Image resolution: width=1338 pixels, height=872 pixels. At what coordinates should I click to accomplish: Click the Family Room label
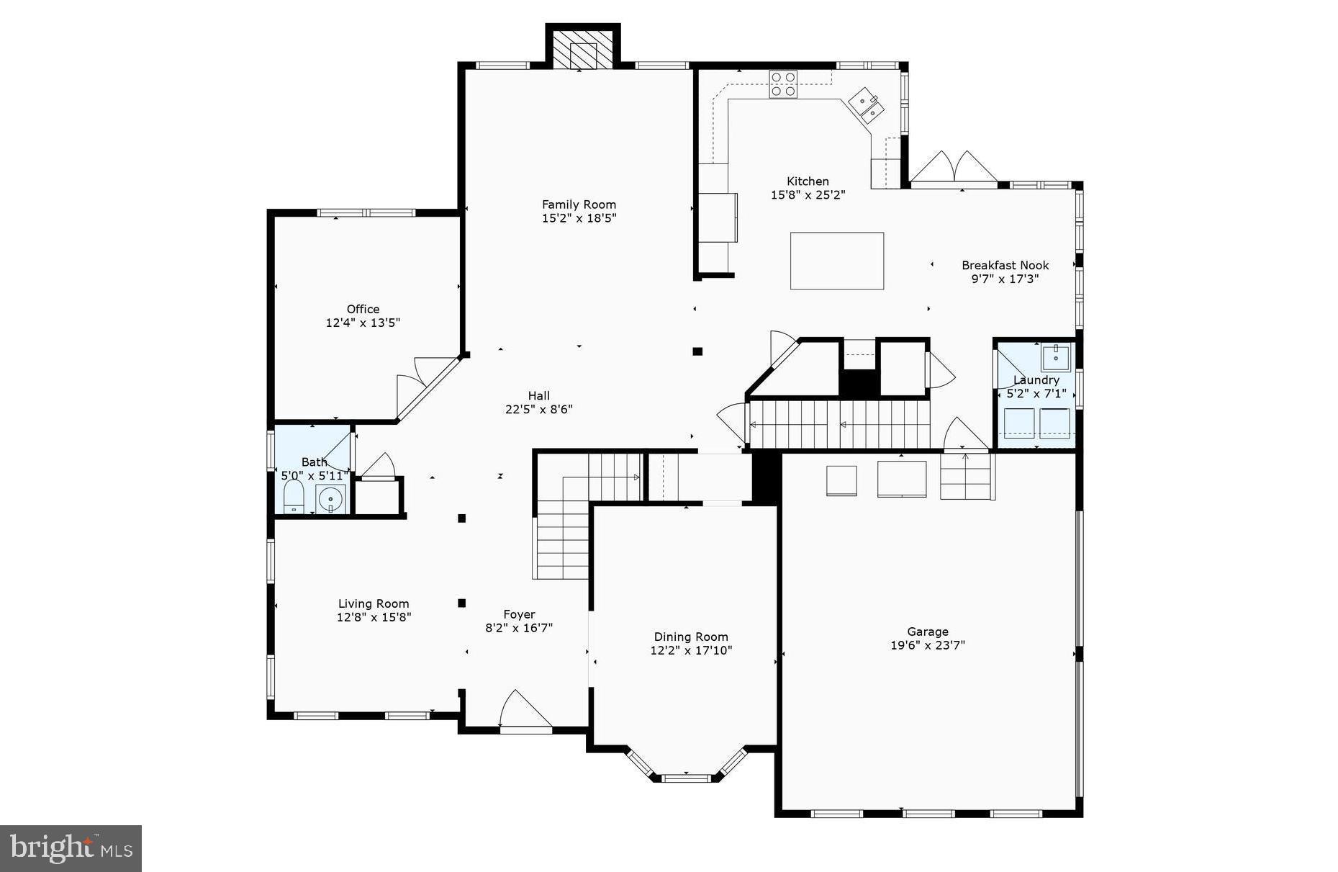pyautogui.click(x=579, y=204)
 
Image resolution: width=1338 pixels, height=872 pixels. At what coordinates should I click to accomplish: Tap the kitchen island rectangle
pyautogui.click(x=836, y=261)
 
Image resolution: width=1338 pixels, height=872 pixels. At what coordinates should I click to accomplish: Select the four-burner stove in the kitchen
pyautogui.click(x=783, y=84)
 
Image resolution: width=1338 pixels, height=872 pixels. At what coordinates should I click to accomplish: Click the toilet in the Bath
pyautogui.click(x=293, y=497)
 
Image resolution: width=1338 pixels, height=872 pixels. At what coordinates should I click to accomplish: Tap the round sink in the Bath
pyautogui.click(x=330, y=498)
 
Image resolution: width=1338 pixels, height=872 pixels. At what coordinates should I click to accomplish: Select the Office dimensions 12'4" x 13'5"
pyautogui.click(x=363, y=323)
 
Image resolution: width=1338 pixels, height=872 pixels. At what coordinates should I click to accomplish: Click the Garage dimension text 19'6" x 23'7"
pyautogui.click(x=927, y=645)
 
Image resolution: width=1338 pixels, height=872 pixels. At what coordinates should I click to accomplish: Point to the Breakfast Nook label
pyautogui.click(x=1005, y=265)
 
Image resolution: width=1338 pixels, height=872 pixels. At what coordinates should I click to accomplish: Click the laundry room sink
pyautogui.click(x=1056, y=356)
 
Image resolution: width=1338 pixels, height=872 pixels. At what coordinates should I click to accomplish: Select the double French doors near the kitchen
pyautogui.click(x=954, y=168)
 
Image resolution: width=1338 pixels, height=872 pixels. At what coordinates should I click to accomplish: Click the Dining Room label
pyautogui.click(x=690, y=637)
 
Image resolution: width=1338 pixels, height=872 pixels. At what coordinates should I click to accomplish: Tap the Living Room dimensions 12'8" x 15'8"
pyautogui.click(x=374, y=617)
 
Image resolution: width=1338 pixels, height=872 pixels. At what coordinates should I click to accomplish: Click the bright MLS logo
pyautogui.click(x=71, y=848)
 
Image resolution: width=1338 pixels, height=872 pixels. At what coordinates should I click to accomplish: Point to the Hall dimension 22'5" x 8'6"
pyautogui.click(x=538, y=409)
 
